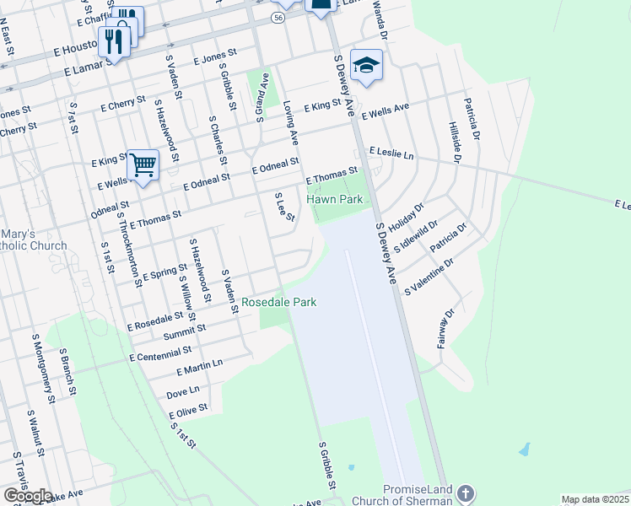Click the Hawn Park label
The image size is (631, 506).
(x=334, y=200)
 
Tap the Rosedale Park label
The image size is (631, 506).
(x=278, y=302)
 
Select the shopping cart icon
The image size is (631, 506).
(x=143, y=164)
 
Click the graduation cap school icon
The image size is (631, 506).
(x=367, y=64)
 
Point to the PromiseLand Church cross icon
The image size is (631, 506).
(x=465, y=493)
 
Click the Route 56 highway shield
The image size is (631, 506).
(x=278, y=17)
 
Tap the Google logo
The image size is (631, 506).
(x=27, y=496)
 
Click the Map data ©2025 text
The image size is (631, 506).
(x=596, y=499)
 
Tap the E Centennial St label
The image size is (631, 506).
(x=160, y=353)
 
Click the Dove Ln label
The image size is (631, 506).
(x=182, y=391)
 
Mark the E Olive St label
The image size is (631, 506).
(x=187, y=411)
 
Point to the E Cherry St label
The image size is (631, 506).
(x=122, y=104)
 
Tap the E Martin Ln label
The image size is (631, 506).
(x=199, y=367)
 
